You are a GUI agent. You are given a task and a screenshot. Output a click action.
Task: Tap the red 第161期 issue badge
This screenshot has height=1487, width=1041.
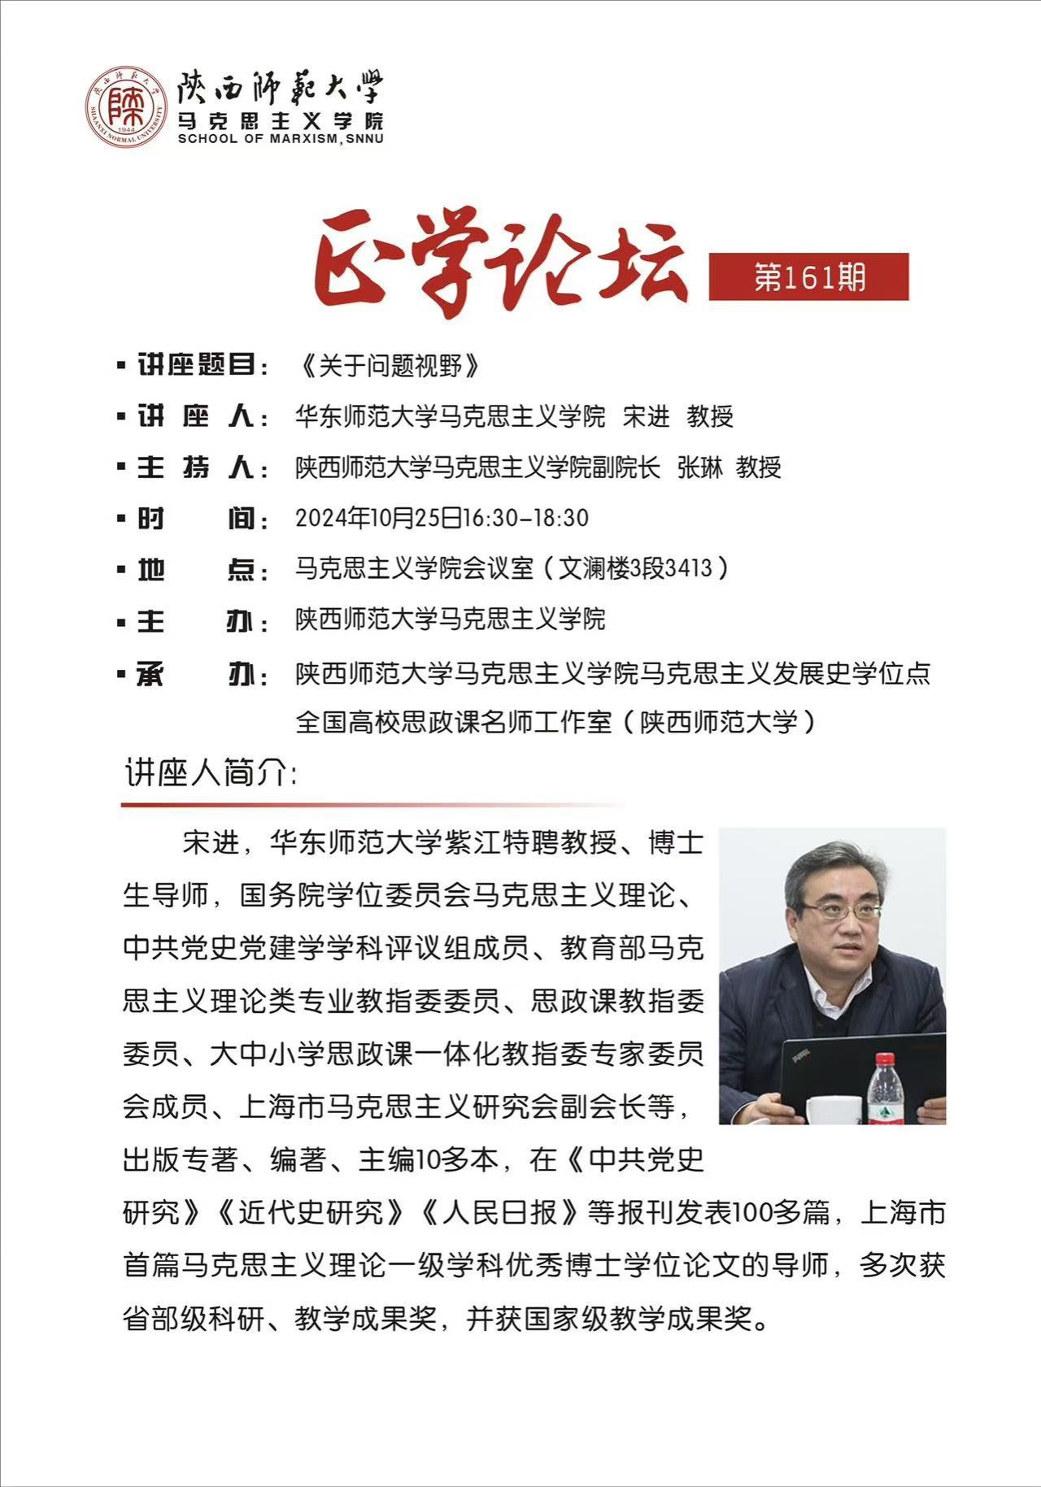pos(808,277)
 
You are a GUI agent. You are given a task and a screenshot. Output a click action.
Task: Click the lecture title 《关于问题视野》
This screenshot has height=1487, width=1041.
pos(390,366)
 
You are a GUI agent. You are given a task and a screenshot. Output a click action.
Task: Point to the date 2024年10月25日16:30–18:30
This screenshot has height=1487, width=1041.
pos(442,518)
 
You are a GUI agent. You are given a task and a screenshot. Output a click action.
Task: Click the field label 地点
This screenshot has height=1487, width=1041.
pos(196,569)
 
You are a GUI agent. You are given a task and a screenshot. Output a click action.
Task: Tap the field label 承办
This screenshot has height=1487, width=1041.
pos(196,674)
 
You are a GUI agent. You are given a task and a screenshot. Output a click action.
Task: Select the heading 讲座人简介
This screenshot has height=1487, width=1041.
pos(211,773)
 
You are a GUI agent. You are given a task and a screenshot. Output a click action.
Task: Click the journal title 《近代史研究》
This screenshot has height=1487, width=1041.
pos(311,1212)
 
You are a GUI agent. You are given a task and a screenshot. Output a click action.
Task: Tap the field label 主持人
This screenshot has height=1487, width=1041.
pos(196,467)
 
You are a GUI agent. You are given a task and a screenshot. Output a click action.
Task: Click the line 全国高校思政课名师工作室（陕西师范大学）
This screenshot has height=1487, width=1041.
pos(555,721)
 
